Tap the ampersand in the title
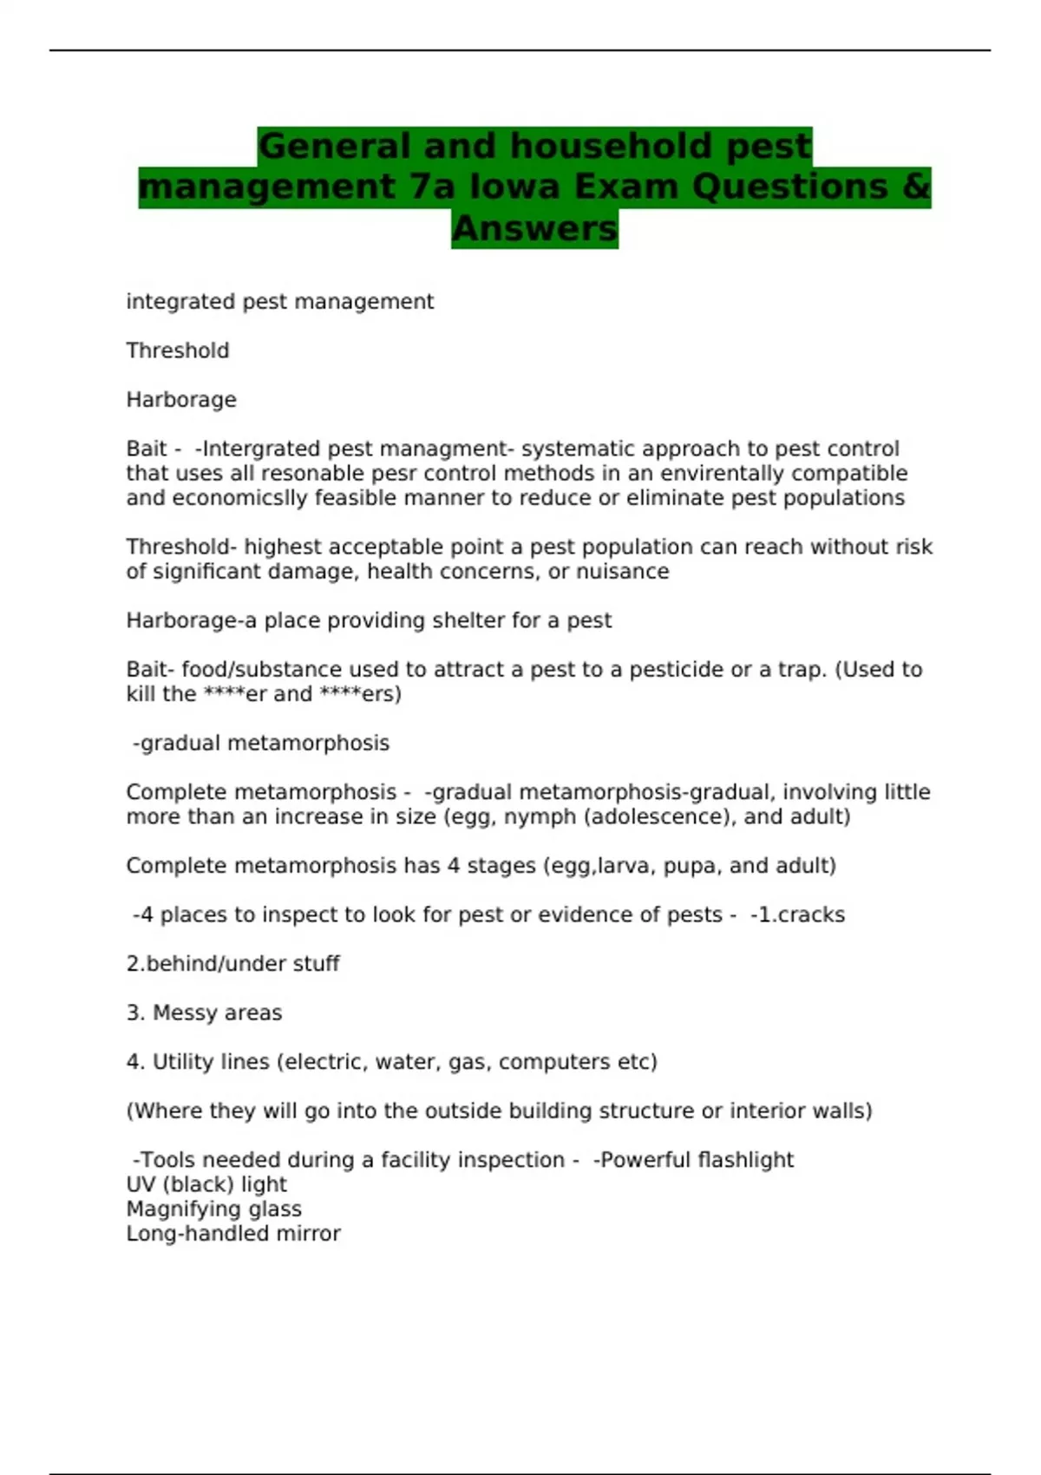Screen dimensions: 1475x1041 tap(916, 187)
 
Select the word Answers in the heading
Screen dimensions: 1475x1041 tap(534, 228)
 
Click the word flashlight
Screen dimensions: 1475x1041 tap(745, 1159)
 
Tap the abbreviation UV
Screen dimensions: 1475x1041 tap(141, 1184)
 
